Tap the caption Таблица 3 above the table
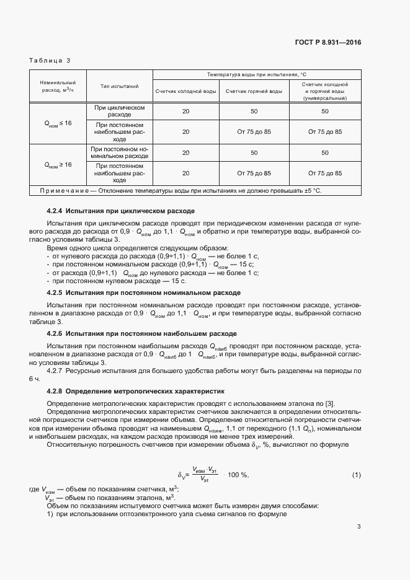tap(50, 60)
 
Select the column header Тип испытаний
tap(118, 86)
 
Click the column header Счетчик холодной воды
tap(185, 91)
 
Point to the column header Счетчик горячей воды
tap(254, 91)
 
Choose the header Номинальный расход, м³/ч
tap(58, 86)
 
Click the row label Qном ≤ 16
tap(58, 123)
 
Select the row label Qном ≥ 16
tap(58, 165)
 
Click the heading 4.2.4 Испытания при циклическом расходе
tap(121, 210)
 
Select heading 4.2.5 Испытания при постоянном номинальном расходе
tap(144, 292)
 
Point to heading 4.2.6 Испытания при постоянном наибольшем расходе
tap(141, 333)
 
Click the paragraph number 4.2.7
tap(56, 371)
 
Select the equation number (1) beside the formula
tap(356, 475)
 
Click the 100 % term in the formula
tap(238, 475)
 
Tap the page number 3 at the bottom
tap(359, 527)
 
